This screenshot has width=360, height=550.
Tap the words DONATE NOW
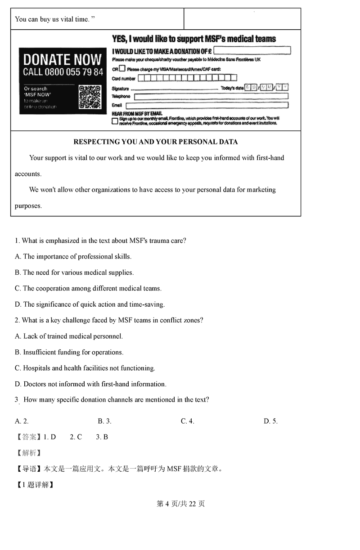click(x=63, y=59)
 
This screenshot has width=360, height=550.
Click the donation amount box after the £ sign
click(x=252, y=51)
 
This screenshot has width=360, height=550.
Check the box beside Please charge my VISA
click(x=122, y=69)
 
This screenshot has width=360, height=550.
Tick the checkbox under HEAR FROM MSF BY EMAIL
click(x=115, y=121)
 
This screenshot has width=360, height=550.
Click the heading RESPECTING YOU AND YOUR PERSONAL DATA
click(x=155, y=142)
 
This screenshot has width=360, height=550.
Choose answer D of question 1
click(x=90, y=304)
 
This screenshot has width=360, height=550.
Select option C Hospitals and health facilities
click(x=85, y=368)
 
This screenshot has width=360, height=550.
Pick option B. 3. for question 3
click(x=104, y=421)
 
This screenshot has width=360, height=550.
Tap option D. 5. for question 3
click(x=270, y=421)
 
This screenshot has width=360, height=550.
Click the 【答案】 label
click(x=28, y=437)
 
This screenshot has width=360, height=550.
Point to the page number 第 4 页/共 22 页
click(x=180, y=504)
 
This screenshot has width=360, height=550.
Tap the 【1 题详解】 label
click(x=35, y=485)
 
